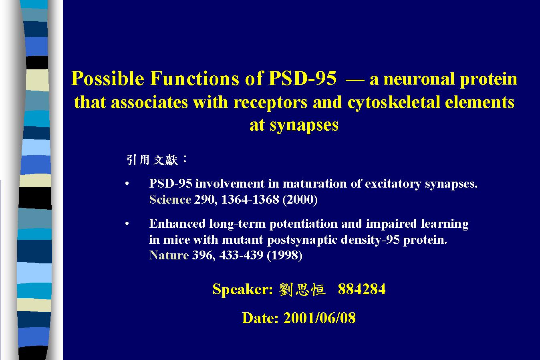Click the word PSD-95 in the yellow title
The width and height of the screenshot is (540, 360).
click(302, 78)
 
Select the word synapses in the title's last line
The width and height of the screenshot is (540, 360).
click(304, 125)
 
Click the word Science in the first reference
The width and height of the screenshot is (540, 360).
click(170, 200)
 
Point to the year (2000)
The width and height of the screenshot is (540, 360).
click(300, 200)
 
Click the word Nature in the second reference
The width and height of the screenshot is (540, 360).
click(169, 255)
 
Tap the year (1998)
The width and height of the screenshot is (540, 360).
click(284, 255)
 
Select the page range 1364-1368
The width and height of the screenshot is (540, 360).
click(250, 200)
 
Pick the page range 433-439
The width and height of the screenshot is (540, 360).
click(241, 255)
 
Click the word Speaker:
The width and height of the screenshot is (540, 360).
click(242, 289)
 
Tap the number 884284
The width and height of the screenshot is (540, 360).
click(362, 289)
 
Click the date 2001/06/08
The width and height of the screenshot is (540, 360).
click(319, 318)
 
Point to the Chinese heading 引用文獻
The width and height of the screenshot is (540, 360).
click(152, 160)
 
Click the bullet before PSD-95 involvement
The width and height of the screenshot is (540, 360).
click(127, 184)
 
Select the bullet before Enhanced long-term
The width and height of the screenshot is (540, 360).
click(127, 224)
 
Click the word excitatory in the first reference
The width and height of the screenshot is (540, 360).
click(393, 184)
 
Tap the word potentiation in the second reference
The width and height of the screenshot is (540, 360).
click(303, 224)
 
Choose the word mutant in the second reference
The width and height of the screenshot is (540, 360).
click(242, 240)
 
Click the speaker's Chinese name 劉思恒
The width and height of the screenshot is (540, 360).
click(302, 289)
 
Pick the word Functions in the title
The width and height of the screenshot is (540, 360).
click(194, 78)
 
